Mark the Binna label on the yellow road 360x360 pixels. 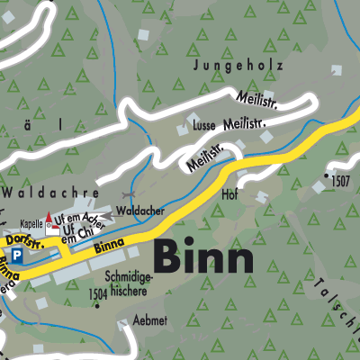click(108, 237)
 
